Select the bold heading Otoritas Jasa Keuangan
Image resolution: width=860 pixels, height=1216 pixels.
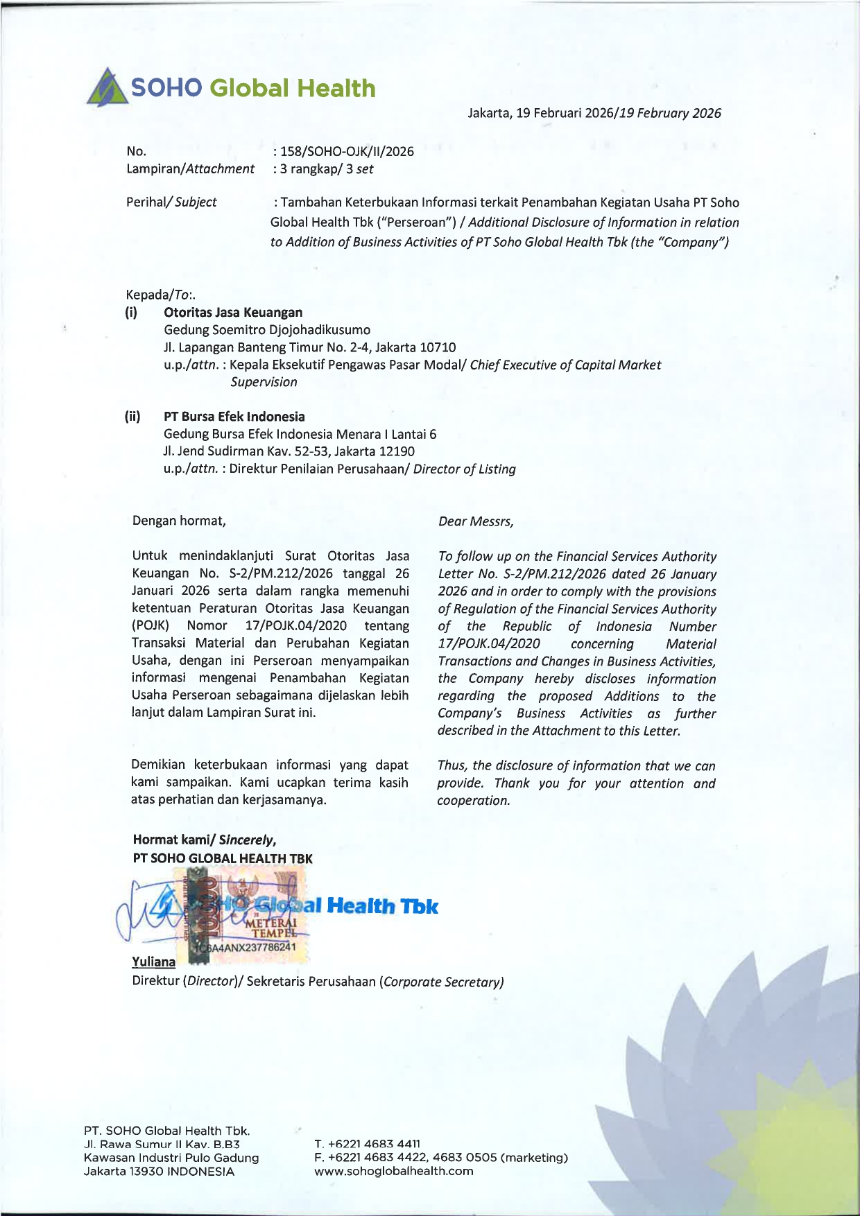pos(233,313)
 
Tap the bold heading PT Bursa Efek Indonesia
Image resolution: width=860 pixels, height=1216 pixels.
pos(234,417)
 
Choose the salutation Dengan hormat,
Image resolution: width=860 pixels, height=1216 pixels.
pos(179,521)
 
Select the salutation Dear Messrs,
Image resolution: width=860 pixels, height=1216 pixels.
pos(476,521)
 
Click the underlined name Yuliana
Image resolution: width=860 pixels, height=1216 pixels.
pos(153,962)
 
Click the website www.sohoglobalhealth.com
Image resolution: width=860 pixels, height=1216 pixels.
pos(394,1171)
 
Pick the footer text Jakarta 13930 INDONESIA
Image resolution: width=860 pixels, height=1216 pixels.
pos(159,1171)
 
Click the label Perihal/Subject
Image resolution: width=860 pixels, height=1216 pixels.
pos(171,202)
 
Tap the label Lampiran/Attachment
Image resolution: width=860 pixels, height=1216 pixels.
pos(190,169)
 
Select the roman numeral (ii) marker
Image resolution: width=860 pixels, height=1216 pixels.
pos(132,417)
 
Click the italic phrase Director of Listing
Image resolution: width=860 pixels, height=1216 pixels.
pos(465,469)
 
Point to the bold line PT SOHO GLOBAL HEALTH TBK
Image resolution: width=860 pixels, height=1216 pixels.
pos(223,858)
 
